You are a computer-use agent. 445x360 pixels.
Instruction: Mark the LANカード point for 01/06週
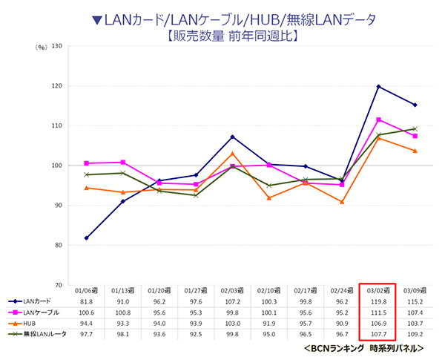[x=86, y=238]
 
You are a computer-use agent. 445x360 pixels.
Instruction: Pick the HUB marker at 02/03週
[x=232, y=153]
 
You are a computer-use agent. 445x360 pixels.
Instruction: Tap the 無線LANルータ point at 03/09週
[x=415, y=128]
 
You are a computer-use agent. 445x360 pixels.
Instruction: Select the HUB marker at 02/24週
[x=342, y=201]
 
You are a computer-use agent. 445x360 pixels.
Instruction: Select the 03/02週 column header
[x=379, y=291]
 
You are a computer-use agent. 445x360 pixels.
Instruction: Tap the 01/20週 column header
[x=159, y=291]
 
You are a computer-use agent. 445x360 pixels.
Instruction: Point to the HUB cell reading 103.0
[x=232, y=324]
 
